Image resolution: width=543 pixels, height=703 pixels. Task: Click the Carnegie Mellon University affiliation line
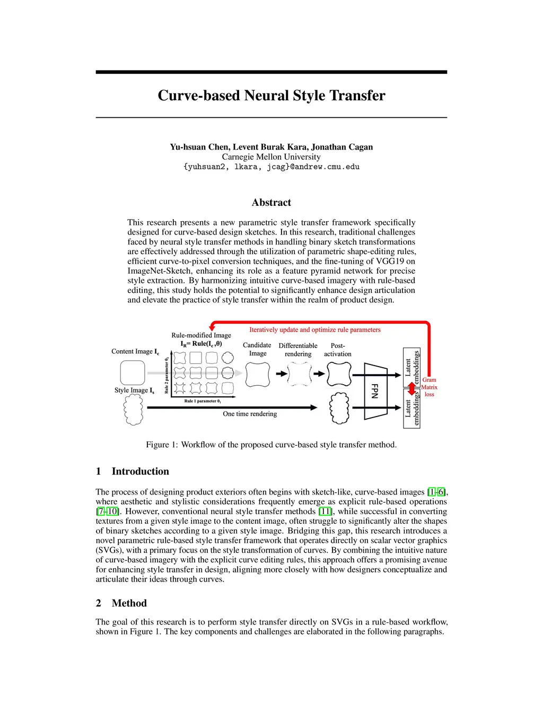click(x=271, y=157)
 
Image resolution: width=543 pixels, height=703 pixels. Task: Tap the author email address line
click(x=271, y=167)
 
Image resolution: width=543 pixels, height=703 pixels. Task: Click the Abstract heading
click(x=271, y=203)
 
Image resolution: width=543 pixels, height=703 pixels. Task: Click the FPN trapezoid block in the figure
click(x=375, y=392)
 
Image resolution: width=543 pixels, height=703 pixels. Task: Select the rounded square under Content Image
click(x=133, y=372)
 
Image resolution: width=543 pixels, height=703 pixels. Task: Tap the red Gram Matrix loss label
click(x=429, y=387)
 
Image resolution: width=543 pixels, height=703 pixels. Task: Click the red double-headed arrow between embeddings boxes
click(x=412, y=389)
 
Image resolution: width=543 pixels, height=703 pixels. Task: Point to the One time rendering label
click(x=250, y=414)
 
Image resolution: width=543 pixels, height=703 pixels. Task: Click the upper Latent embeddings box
click(x=412, y=367)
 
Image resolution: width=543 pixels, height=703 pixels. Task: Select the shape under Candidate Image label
click(x=258, y=375)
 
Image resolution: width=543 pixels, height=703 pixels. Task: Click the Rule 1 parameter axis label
click(x=203, y=401)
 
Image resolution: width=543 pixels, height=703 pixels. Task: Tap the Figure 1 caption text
click(x=271, y=445)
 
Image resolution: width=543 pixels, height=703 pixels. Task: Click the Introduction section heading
click(x=140, y=471)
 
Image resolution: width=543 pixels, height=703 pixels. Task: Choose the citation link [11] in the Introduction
click(x=325, y=511)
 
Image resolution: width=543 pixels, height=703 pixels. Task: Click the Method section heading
click(x=129, y=603)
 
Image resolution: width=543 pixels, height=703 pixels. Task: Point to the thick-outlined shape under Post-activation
click(x=339, y=374)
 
